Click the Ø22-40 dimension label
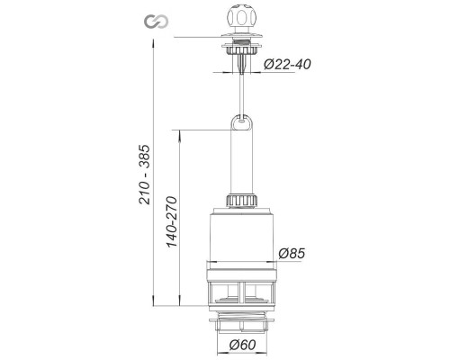pyautogui.click(x=287, y=64)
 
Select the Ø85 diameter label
pyautogui.click(x=292, y=254)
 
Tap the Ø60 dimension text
pyautogui.click(x=243, y=345)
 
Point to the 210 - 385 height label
pyautogui.click(x=144, y=175)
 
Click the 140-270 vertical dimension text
pyautogui.click(x=172, y=221)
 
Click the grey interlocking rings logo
pyautogui.click(x=156, y=22)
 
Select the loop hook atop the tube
pyautogui.click(x=241, y=122)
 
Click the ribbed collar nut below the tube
pyautogui.click(x=242, y=200)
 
